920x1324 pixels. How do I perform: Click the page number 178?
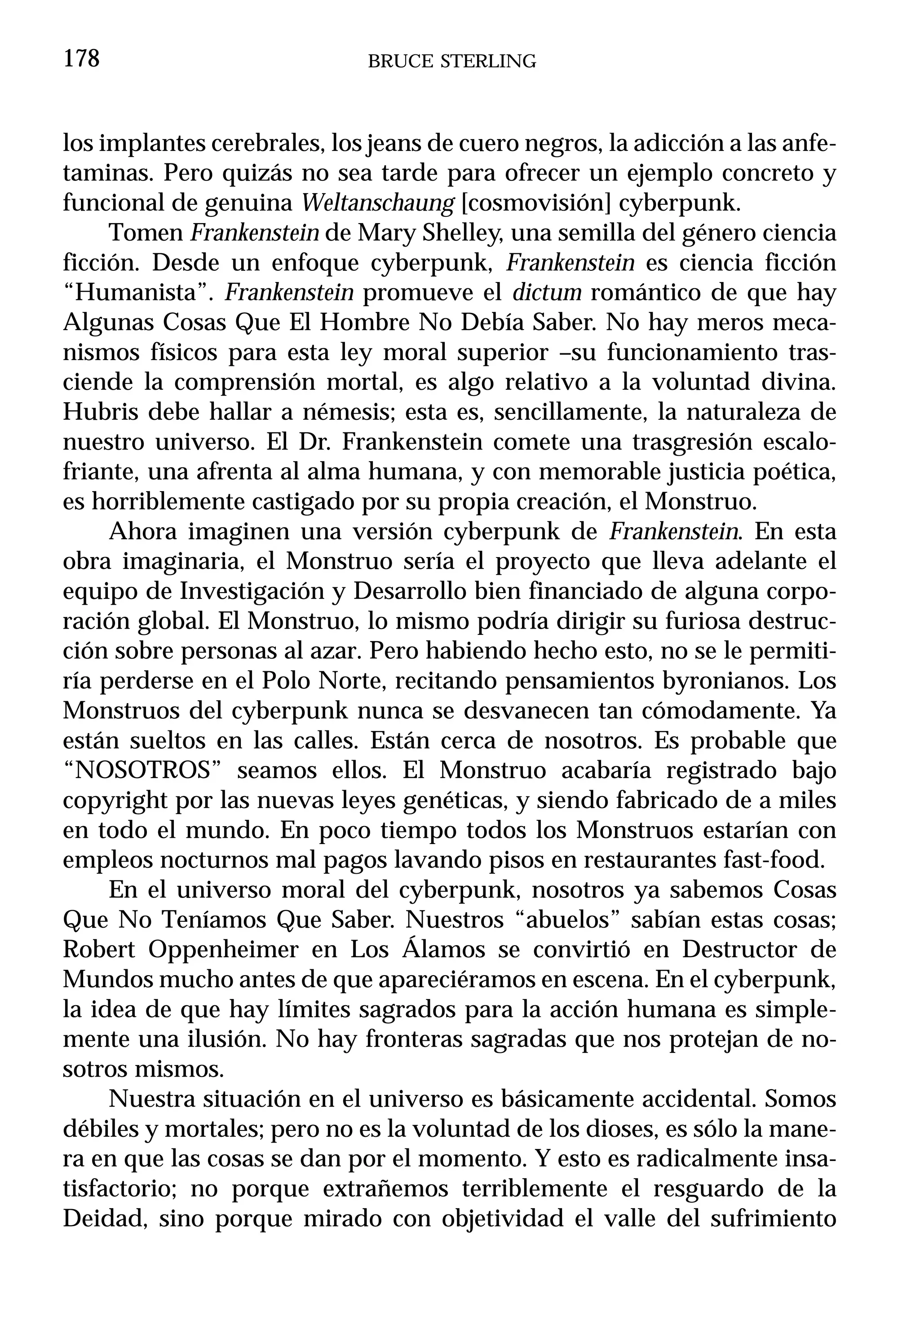(x=81, y=59)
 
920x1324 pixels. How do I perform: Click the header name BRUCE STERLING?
(x=452, y=61)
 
